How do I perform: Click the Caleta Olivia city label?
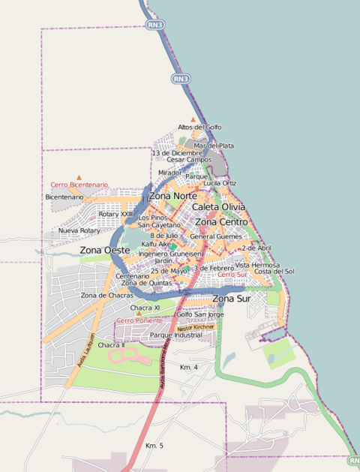point(218,206)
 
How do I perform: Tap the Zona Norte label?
point(172,196)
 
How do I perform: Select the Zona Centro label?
point(221,222)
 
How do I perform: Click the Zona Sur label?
point(232,299)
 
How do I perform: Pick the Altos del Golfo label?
point(199,128)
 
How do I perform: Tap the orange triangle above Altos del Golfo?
point(193,119)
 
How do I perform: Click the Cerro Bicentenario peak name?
point(79,185)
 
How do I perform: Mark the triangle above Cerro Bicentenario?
point(79,177)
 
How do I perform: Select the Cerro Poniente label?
point(139,320)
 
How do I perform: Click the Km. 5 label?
point(154,446)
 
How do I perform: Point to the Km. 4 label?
point(189,367)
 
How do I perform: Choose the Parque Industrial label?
point(176,335)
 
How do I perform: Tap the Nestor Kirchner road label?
point(197,328)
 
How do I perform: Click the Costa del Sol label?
point(274,272)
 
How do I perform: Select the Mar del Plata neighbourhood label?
point(214,146)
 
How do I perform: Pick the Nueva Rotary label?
point(79,230)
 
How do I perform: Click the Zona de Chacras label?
point(106,296)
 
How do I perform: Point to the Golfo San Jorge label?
point(199,314)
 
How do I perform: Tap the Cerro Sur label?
point(232,275)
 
